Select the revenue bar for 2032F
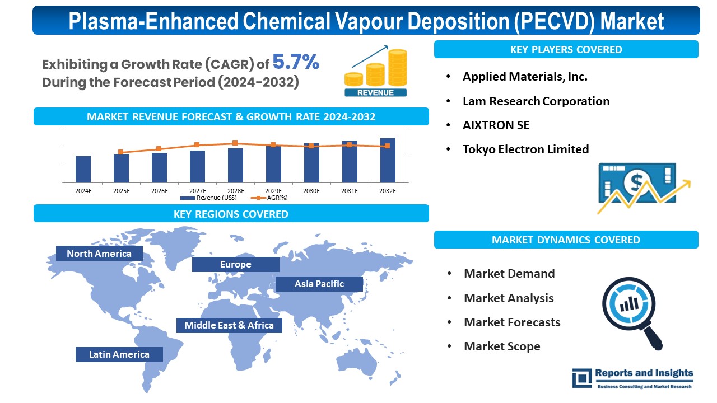coord(388,161)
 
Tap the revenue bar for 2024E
coord(83,169)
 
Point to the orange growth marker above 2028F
coord(235,143)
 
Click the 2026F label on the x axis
coord(159,191)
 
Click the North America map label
coord(99,254)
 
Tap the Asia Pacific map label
coord(319,284)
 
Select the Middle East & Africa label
coord(229,325)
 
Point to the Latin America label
coord(119,354)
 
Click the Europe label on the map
coord(236,264)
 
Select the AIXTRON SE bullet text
coord(496,125)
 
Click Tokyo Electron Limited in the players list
coord(525,149)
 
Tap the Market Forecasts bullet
coord(512,322)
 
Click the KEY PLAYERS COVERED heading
coord(566,49)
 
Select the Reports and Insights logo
coord(632,378)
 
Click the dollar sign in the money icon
coord(636,181)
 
